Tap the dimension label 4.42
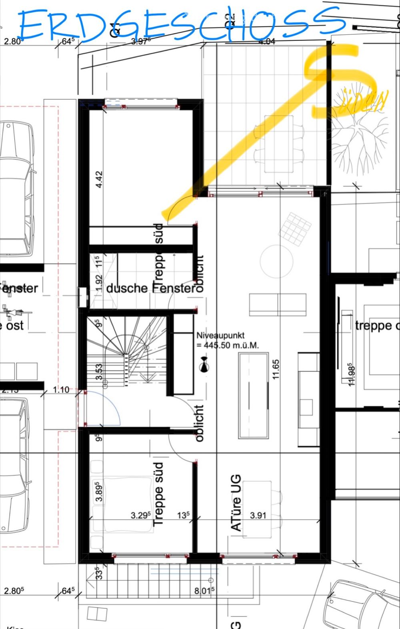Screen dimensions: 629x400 (x=99, y=179)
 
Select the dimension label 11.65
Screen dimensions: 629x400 (x=276, y=369)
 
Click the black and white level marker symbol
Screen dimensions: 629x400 (x=204, y=365)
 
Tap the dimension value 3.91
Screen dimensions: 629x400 (x=258, y=515)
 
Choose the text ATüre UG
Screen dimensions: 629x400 (x=236, y=503)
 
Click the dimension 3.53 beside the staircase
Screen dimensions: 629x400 (x=99, y=372)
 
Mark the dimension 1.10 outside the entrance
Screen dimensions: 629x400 (x=61, y=390)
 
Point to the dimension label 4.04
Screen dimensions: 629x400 (x=267, y=41)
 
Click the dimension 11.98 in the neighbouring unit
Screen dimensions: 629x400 (x=352, y=374)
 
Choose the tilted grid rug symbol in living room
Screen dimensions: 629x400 (x=295, y=229)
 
